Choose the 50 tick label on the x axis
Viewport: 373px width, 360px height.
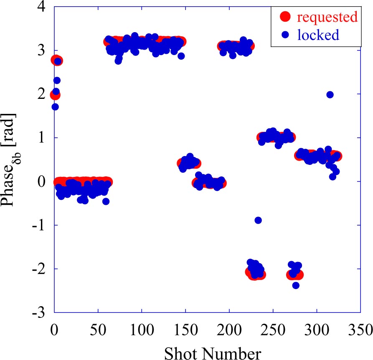(98, 327)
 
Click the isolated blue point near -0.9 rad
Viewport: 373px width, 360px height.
(258, 220)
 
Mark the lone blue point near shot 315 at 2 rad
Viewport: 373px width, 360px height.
(330, 95)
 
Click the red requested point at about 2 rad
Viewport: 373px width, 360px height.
(55, 95)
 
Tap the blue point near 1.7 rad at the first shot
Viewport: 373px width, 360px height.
(55, 107)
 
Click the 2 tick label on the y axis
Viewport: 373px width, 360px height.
(45, 94)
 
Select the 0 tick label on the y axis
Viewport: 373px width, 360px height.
(45, 181)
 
